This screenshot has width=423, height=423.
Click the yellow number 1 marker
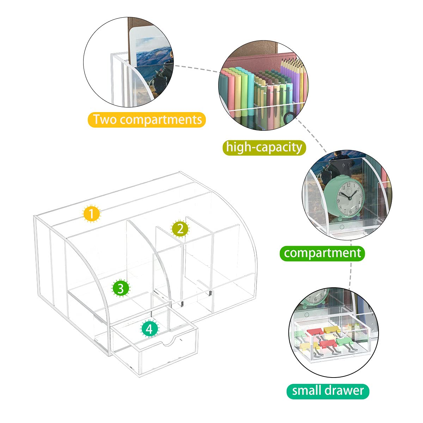pyautogui.click(x=91, y=214)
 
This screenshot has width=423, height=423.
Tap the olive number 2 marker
pyautogui.click(x=180, y=229)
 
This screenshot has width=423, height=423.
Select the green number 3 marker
pyautogui.click(x=121, y=288)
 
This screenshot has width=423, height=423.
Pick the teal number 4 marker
pyautogui.click(x=150, y=329)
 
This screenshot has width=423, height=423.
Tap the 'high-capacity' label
pyautogui.click(x=264, y=147)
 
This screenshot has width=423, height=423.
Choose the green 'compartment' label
pyautogui.click(x=322, y=253)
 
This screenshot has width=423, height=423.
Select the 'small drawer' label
pyautogui.click(x=327, y=391)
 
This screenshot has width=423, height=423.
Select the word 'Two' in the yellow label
pyautogui.click(x=105, y=119)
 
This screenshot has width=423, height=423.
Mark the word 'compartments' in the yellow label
pyautogui.click(x=161, y=119)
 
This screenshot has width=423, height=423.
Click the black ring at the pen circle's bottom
pyautogui.click(x=289, y=118)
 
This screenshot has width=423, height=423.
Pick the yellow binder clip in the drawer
pyautogui.click(x=331, y=330)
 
